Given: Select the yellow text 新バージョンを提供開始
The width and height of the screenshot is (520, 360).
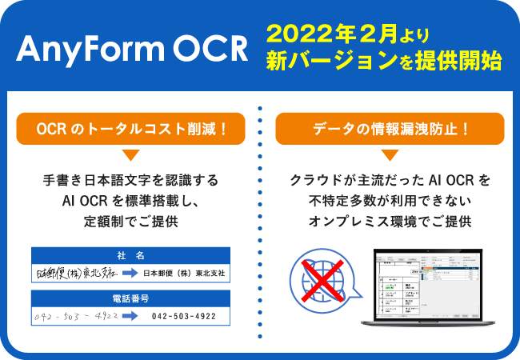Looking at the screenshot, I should click(x=384, y=62).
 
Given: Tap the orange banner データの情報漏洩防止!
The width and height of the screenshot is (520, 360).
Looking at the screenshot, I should click(x=390, y=128).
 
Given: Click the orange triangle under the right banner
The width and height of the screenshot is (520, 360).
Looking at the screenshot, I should click(x=390, y=154).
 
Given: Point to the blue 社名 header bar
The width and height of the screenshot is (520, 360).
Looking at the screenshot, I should click(x=130, y=255).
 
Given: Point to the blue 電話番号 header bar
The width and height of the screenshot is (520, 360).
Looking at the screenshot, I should click(x=130, y=298).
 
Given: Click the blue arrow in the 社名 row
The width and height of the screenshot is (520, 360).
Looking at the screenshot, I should click(x=128, y=274).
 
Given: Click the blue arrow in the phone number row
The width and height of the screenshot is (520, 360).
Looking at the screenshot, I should click(x=128, y=316).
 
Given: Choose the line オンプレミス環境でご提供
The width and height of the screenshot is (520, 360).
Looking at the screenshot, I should click(x=390, y=222).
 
